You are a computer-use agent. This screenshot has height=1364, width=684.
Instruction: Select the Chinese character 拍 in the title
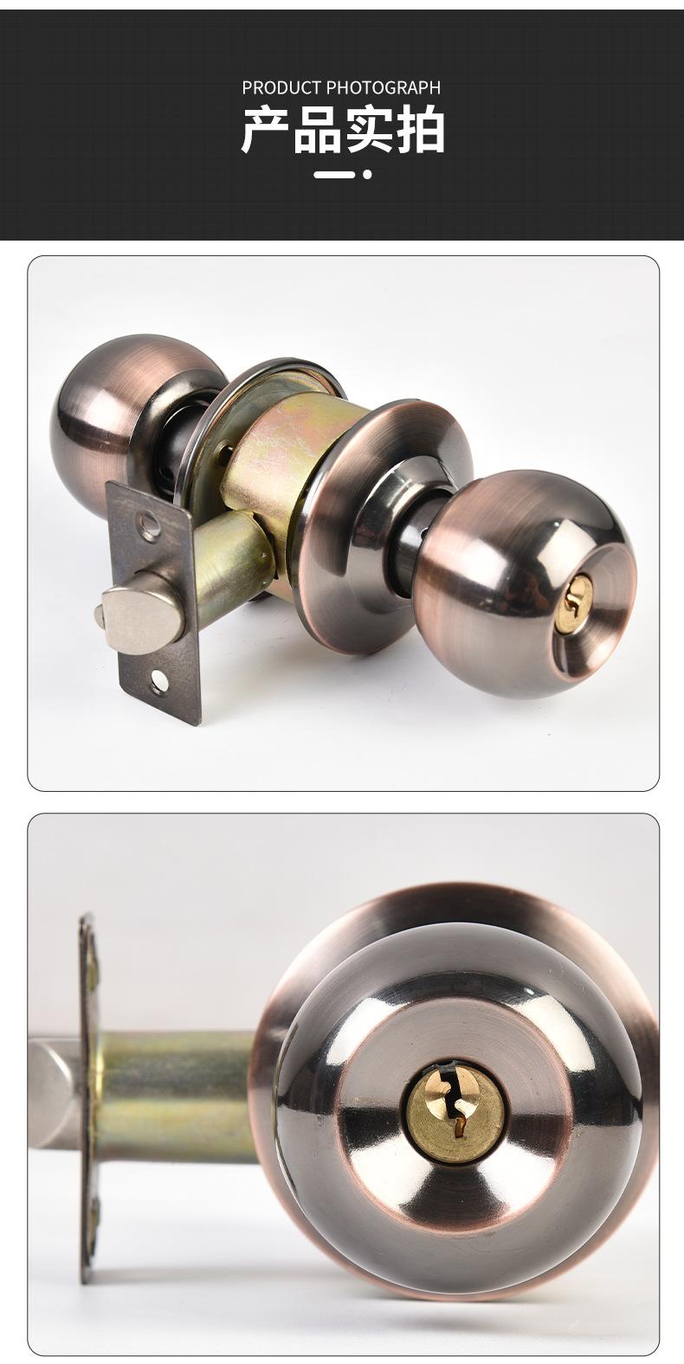tap(421, 131)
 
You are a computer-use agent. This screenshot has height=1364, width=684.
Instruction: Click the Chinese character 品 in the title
tap(316, 131)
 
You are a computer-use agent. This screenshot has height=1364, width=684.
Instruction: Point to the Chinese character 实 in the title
tap(368, 131)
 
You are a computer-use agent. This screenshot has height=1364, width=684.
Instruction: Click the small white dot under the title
tap(367, 175)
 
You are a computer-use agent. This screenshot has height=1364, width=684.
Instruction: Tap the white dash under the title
tap(334, 175)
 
